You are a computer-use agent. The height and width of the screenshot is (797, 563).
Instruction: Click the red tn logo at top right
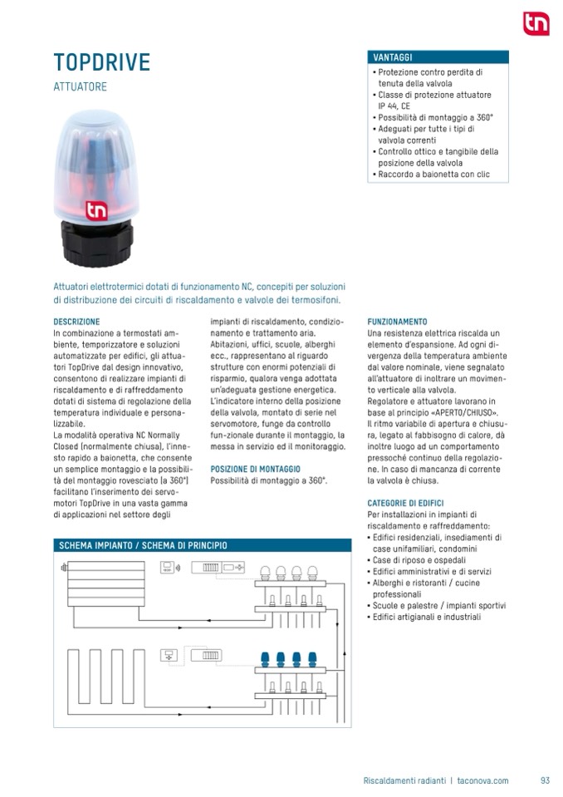(536, 24)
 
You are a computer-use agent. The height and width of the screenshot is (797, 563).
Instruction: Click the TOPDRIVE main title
(102, 62)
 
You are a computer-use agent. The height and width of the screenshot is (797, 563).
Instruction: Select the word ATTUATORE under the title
(81, 86)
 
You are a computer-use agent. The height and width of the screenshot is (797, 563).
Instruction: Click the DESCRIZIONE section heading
(76, 321)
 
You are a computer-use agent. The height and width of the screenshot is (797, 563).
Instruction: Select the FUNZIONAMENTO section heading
(397, 321)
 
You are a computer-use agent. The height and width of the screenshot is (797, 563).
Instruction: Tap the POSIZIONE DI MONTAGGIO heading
(256, 469)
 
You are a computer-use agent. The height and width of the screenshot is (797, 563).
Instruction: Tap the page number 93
(545, 780)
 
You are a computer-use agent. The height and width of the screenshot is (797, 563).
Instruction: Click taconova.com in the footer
(482, 780)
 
